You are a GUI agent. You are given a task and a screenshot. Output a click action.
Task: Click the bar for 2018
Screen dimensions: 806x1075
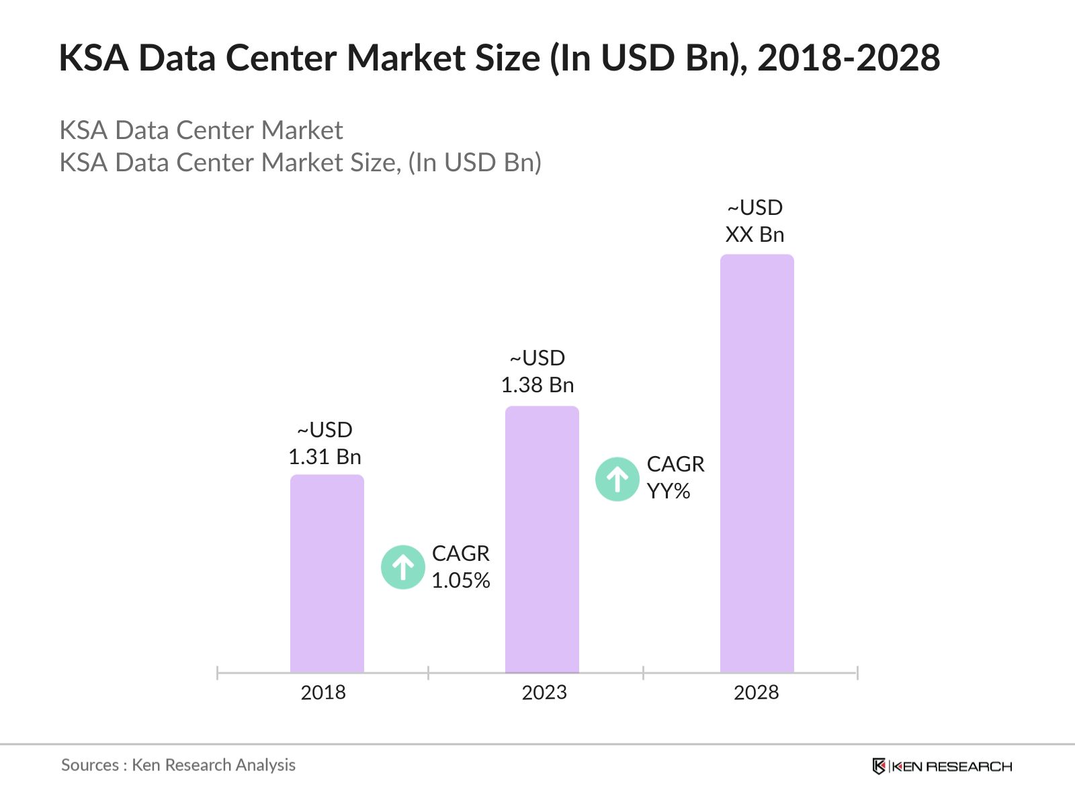tap(327, 574)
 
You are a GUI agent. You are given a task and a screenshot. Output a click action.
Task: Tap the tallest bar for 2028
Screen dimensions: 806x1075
tap(757, 463)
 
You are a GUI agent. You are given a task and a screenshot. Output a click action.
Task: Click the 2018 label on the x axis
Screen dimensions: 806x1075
tap(323, 692)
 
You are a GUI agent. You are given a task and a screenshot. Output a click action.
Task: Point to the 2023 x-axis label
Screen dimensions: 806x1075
tap(544, 692)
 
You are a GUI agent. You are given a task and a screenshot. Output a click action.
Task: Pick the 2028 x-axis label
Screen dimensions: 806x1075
tap(756, 692)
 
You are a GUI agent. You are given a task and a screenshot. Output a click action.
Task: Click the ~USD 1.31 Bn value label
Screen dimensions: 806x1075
tap(325, 443)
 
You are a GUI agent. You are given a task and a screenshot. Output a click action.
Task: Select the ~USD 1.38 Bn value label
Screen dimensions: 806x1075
tap(537, 371)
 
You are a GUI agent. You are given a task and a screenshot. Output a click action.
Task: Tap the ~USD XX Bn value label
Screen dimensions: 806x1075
tap(755, 221)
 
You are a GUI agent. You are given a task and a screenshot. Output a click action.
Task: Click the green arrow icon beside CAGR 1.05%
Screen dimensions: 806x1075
tap(403, 568)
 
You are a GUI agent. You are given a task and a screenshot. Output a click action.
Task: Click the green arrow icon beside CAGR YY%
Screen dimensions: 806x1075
tap(617, 479)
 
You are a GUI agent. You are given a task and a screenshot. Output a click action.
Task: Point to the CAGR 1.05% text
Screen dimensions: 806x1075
tap(461, 567)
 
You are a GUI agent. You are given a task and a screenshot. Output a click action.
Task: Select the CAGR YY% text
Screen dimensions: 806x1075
tap(675, 478)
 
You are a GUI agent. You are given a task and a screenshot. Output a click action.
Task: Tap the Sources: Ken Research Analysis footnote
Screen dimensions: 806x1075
tap(178, 765)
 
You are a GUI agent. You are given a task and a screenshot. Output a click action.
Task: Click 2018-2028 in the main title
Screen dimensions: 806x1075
tap(849, 58)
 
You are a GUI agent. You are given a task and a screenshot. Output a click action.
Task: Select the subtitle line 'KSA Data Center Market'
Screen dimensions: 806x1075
tap(201, 130)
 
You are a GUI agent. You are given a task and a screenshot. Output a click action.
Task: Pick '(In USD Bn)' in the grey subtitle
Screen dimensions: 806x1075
tap(474, 163)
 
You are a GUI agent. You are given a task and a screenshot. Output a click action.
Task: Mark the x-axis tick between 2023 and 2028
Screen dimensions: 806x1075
tap(643, 672)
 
